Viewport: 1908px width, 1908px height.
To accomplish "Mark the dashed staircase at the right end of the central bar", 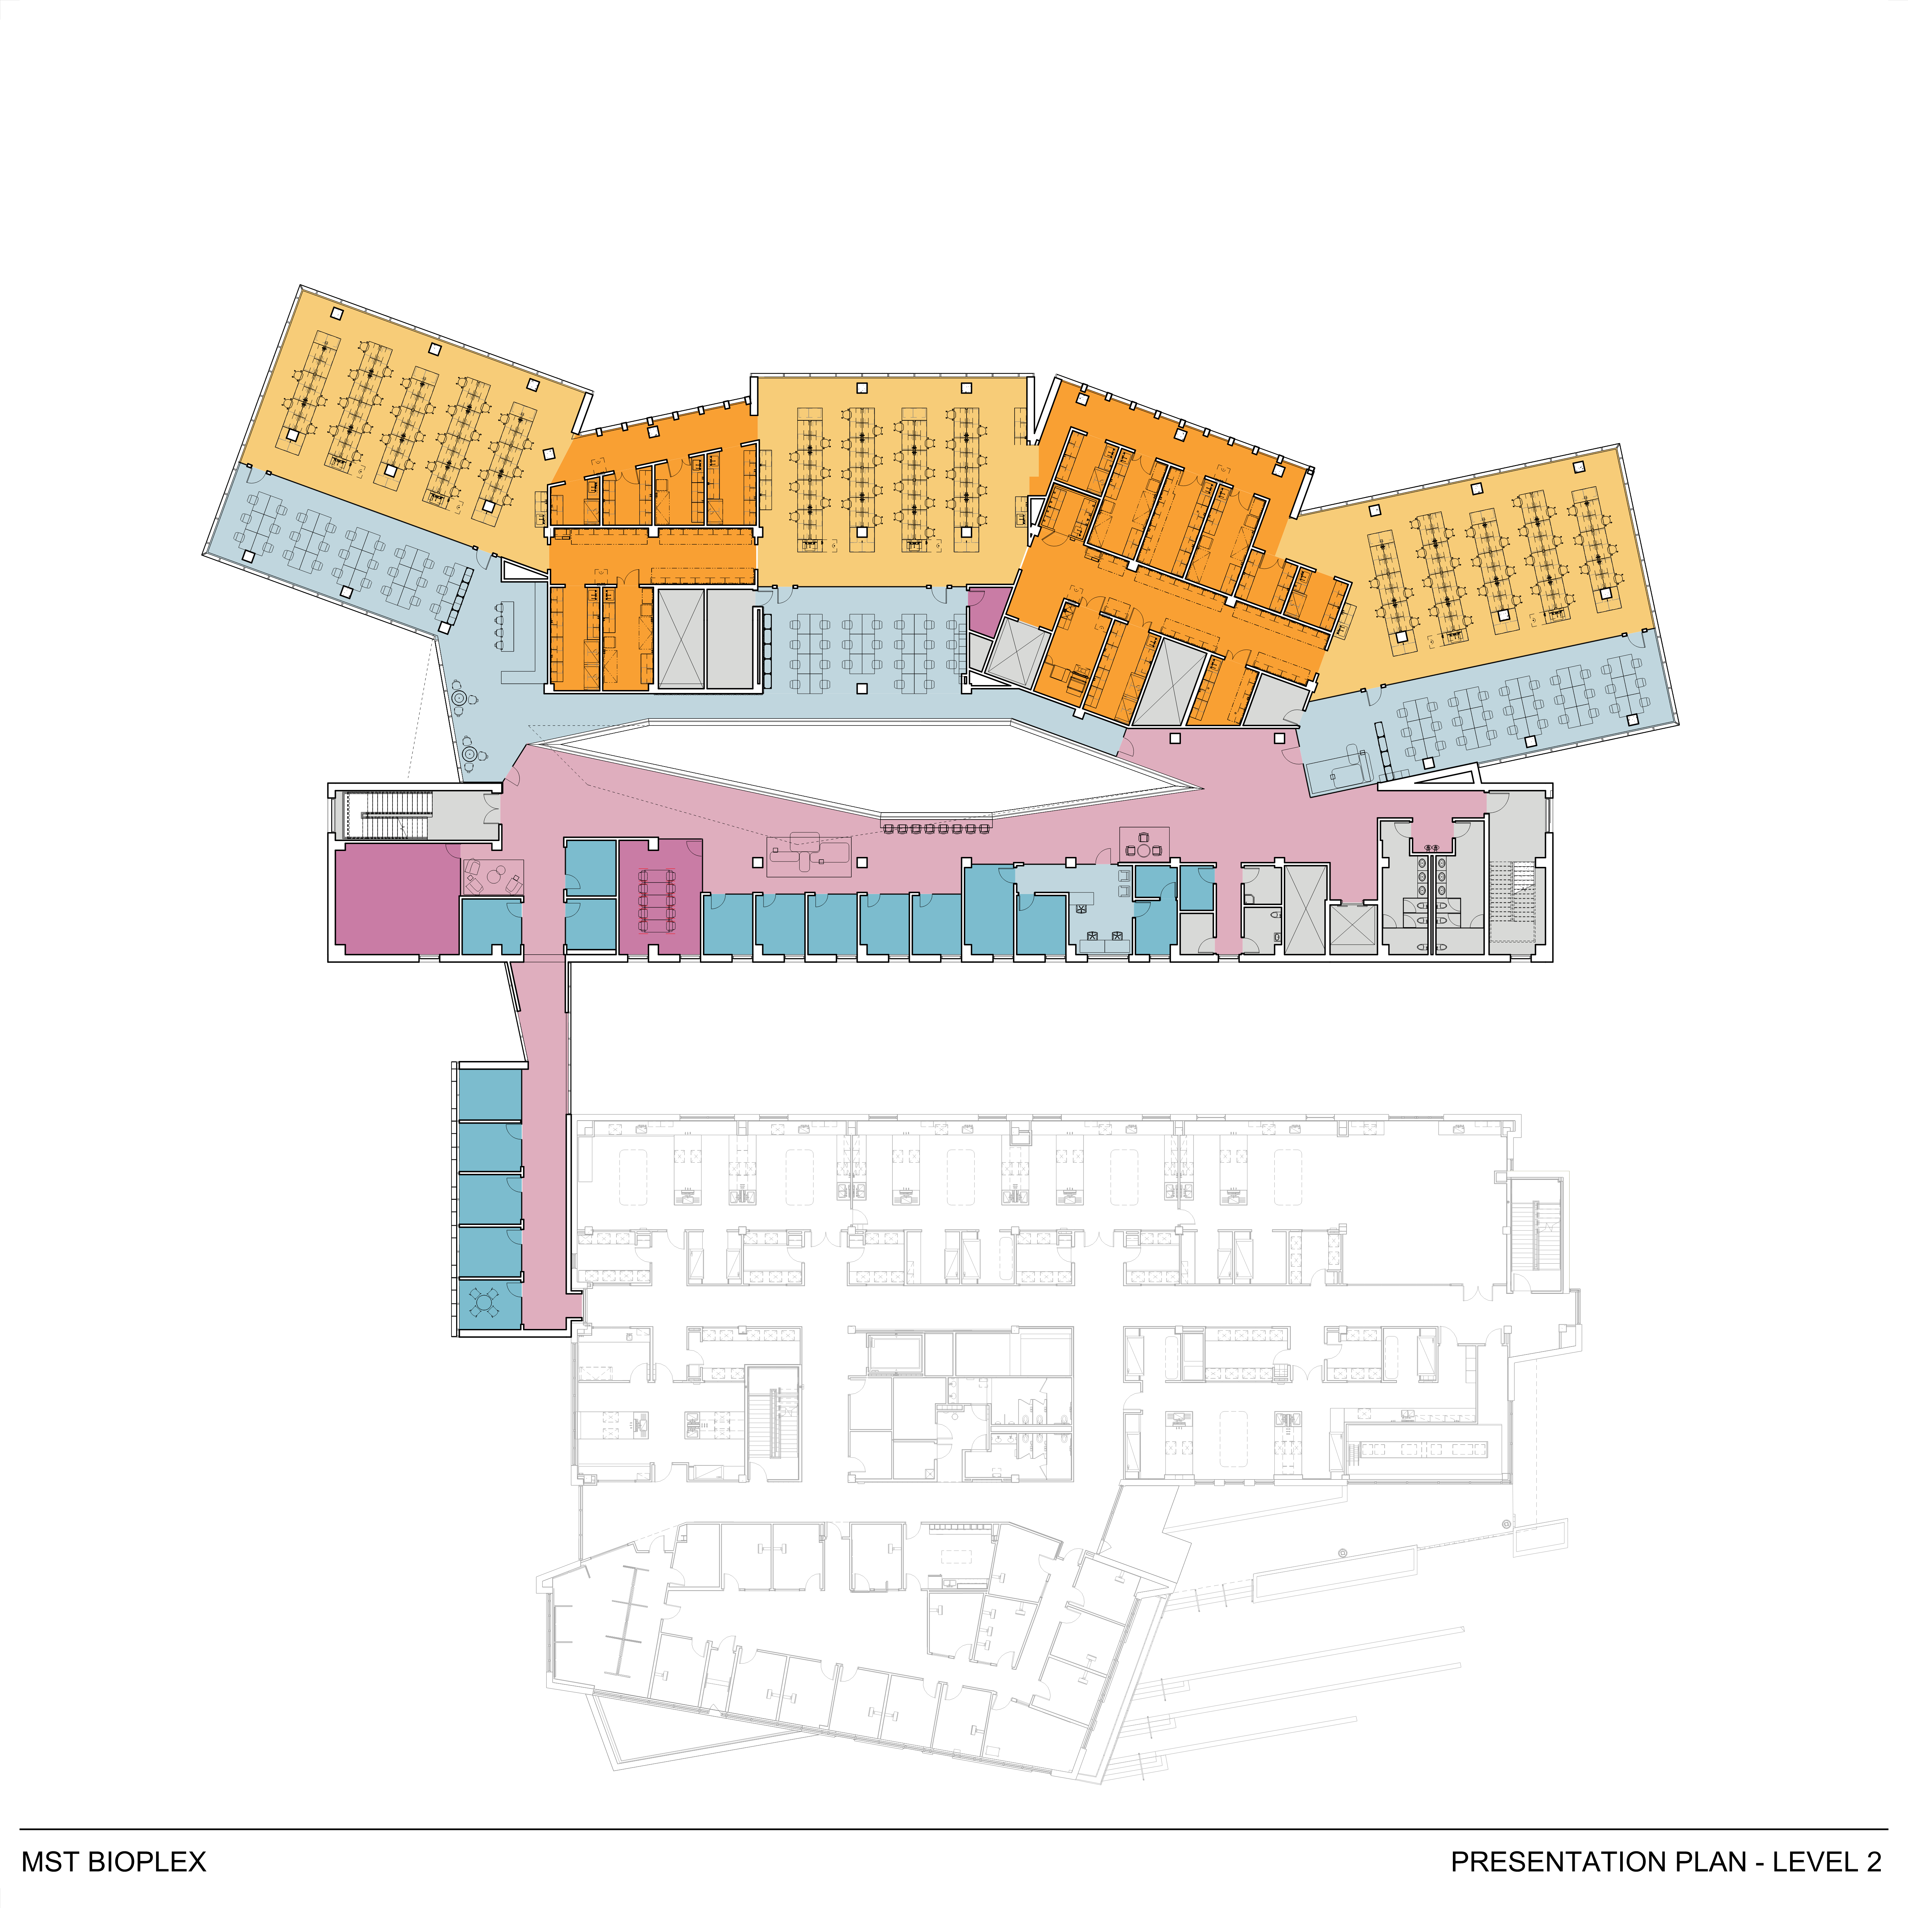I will pos(1513,901).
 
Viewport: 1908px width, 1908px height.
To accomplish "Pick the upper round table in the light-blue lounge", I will pos(459,699).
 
